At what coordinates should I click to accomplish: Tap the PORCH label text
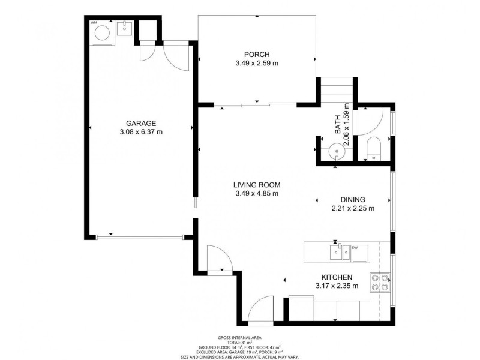pos(257,54)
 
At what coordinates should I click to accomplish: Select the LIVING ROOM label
pos(257,185)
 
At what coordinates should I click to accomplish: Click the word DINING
pos(353,200)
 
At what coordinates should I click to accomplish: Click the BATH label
pos(338,124)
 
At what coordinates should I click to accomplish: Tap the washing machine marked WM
pos(101,34)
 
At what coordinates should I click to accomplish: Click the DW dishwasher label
pos(355,247)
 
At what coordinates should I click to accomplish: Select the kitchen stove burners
pos(380,282)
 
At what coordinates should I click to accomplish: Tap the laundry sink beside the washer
pos(125,28)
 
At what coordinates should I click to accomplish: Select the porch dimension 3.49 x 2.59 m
pos(257,62)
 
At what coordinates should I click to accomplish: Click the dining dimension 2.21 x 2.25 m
pos(353,209)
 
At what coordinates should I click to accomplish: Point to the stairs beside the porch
pos(335,91)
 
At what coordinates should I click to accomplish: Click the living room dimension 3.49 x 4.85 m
pos(257,193)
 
